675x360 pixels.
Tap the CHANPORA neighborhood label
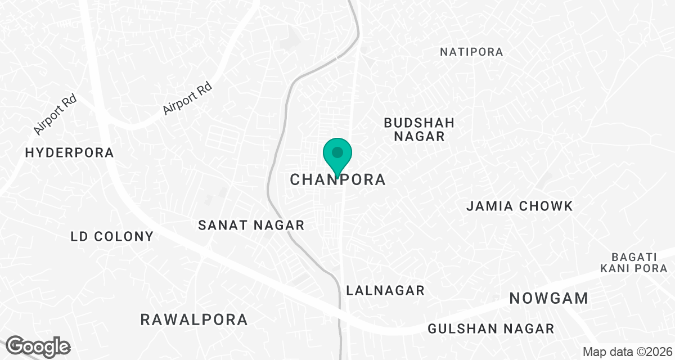(x=338, y=180)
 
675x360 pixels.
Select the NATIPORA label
(x=471, y=52)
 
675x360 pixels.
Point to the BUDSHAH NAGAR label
(x=419, y=129)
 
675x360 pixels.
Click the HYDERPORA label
(x=70, y=152)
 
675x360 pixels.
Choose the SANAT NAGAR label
(x=251, y=226)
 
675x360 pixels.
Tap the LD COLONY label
(x=112, y=236)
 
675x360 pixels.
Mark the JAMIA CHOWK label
(x=520, y=206)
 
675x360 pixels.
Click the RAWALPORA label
(x=194, y=320)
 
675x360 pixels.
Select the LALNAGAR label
(x=385, y=291)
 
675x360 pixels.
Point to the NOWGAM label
(x=549, y=299)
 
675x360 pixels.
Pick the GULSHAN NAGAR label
(x=491, y=329)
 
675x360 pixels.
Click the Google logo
(x=38, y=346)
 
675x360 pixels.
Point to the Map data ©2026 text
(x=627, y=352)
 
